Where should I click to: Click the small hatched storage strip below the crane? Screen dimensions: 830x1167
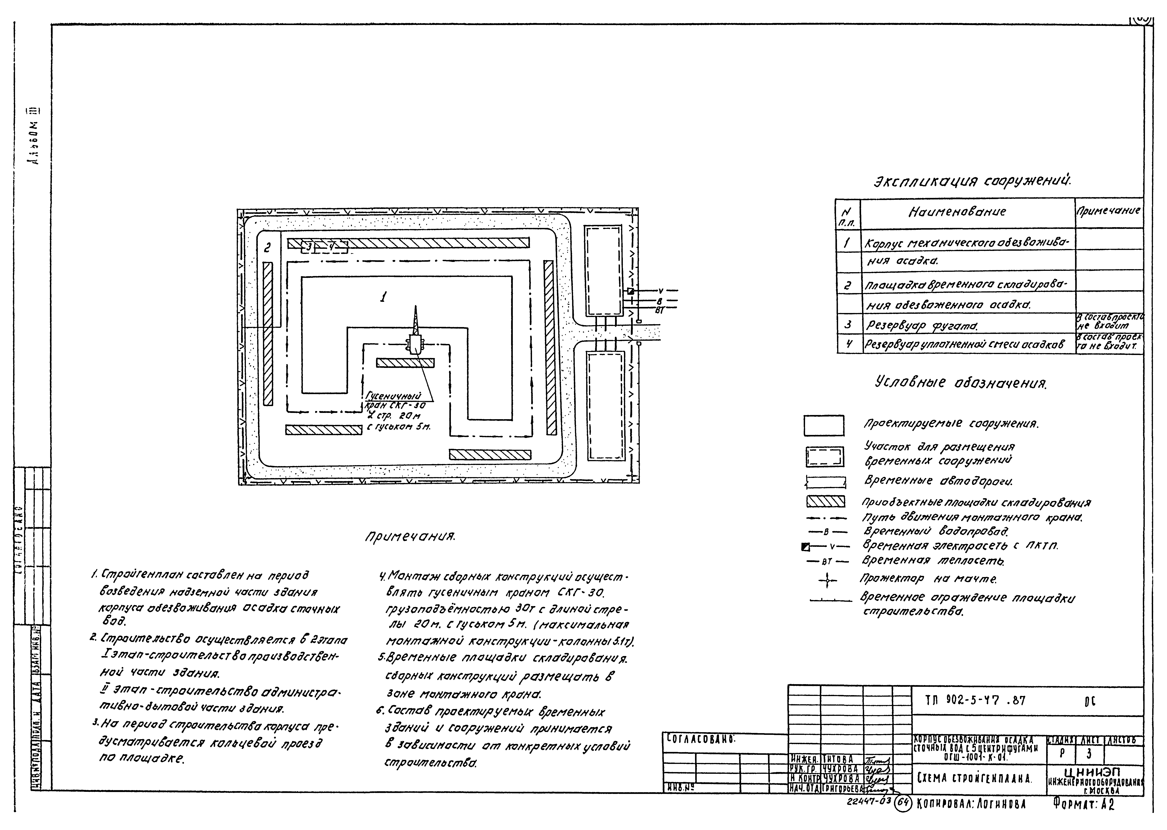point(405,363)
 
